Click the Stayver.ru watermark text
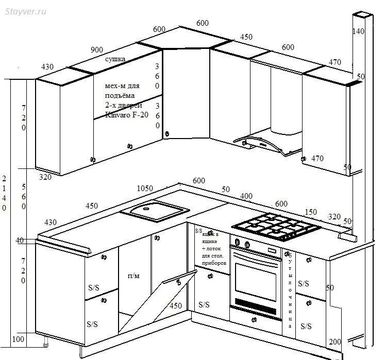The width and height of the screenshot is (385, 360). click(x=26, y=12)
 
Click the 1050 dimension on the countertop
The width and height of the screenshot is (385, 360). click(x=144, y=188)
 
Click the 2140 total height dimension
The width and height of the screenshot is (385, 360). click(x=5, y=193)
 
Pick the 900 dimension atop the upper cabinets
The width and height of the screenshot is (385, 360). click(x=96, y=50)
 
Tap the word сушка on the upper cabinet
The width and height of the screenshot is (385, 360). click(x=115, y=60)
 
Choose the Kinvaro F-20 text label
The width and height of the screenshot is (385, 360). click(x=126, y=114)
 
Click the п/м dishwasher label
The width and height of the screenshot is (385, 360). click(x=133, y=276)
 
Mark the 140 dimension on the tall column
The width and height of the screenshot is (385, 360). click(x=358, y=31)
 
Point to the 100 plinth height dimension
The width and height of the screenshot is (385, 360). click(x=19, y=340)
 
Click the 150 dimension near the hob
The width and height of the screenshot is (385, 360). click(x=311, y=212)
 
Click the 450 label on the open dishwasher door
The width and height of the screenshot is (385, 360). click(x=176, y=305)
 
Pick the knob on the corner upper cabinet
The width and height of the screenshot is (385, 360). click(x=166, y=134)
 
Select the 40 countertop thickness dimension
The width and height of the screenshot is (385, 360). click(x=20, y=241)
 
